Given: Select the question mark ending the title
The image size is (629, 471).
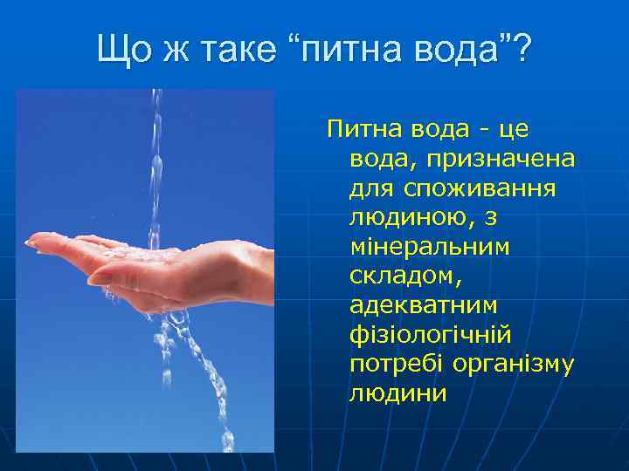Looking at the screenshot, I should [x=522, y=49].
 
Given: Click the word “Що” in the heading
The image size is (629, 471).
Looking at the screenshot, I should [x=121, y=49].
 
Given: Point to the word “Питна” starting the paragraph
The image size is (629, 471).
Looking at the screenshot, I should [x=359, y=130].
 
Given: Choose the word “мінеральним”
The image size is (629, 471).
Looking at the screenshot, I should [x=429, y=247].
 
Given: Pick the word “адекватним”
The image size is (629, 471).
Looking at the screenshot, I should [x=423, y=305].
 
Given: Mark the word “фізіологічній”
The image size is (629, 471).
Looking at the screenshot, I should [x=430, y=335].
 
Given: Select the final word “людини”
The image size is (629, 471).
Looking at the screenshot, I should [x=397, y=393].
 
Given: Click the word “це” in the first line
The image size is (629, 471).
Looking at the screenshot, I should [x=515, y=130].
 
